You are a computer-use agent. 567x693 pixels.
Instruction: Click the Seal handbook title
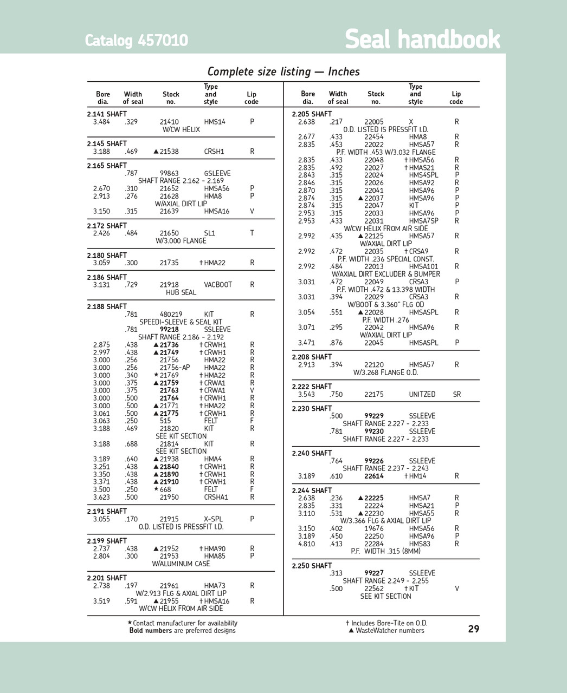[422, 40]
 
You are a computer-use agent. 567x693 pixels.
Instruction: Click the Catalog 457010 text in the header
[136, 41]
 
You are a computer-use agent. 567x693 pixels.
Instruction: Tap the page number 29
[473, 629]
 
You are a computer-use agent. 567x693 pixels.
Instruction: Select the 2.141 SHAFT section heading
[107, 114]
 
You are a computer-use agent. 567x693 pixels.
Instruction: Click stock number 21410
[169, 122]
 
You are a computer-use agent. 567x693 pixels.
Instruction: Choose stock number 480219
[171, 314]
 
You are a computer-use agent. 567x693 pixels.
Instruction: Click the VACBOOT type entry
[218, 285]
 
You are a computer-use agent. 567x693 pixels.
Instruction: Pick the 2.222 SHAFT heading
[312, 387]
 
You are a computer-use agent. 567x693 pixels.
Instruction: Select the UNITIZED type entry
[422, 394]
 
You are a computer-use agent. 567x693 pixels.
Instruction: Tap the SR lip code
[457, 394]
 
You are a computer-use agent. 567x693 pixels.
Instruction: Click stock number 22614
[374, 476]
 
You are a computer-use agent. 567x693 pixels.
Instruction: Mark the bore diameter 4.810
[306, 544]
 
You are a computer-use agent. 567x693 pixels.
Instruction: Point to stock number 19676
[374, 528]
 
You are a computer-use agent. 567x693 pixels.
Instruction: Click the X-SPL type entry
[214, 519]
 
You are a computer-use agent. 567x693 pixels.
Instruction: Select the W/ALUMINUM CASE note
[181, 564]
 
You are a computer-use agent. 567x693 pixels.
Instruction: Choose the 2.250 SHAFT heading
[312, 566]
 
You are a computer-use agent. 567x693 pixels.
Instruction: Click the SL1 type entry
[210, 233]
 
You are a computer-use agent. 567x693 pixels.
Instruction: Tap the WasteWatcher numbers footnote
[386, 630]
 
